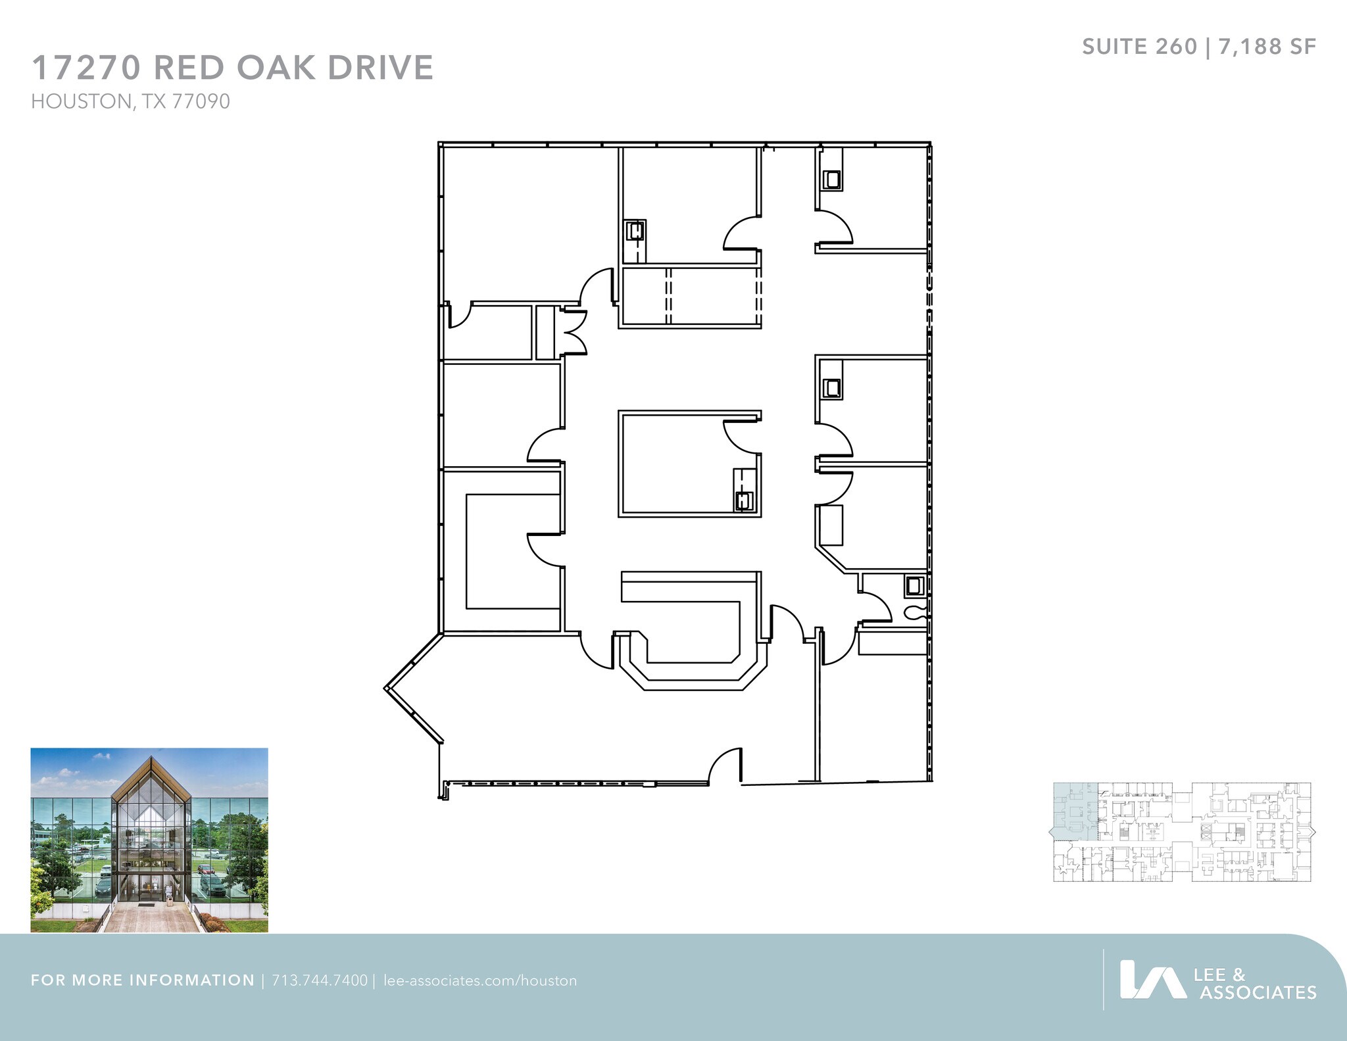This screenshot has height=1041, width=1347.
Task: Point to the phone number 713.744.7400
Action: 320,980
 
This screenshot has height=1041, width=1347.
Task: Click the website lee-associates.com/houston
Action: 479,980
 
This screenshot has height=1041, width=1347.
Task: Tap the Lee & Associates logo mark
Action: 1152,979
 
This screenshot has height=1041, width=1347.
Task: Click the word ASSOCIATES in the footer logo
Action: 1258,992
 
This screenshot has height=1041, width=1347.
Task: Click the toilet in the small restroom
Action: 915,613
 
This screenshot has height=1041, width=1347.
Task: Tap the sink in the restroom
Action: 914,585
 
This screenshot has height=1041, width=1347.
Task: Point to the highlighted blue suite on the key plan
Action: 1075,813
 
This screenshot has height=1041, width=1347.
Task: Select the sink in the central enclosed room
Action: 744,500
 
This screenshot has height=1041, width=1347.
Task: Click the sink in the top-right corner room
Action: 832,179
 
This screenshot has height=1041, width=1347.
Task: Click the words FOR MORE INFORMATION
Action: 142,980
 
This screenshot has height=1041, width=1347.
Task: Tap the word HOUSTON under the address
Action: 81,102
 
